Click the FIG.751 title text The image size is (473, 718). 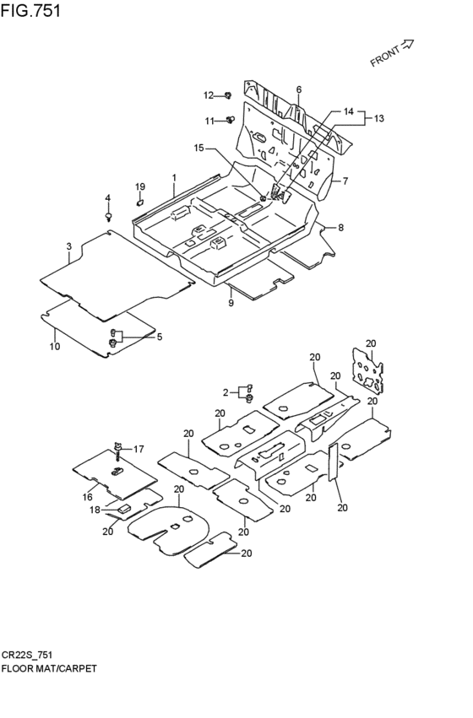pos(30,10)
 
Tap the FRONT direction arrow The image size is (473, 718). pos(407,45)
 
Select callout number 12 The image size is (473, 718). pos(209,95)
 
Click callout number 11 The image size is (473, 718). pos(209,121)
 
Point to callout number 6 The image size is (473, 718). pos(299,89)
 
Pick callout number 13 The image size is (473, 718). pos(378,119)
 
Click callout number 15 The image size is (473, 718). pos(198,148)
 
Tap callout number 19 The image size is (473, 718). pos(140,186)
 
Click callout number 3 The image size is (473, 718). pos(68,246)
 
